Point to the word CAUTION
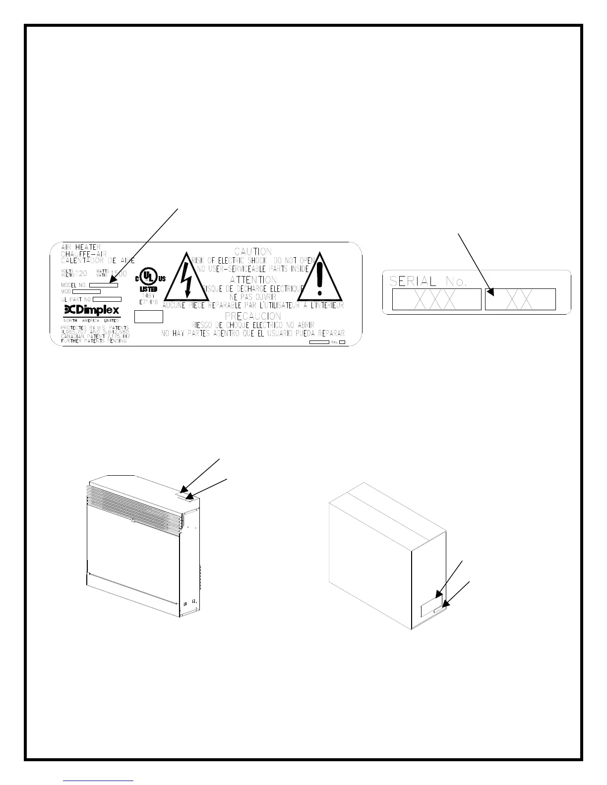[x=253, y=252]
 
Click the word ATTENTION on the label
[x=253, y=280]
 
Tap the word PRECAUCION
[x=253, y=316]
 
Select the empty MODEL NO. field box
[x=103, y=285]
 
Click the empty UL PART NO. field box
[x=107, y=299]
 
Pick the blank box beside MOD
[x=86, y=292]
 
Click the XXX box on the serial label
[x=436, y=299]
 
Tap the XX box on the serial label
[x=520, y=299]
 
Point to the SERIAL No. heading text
[x=428, y=281]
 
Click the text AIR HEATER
[x=81, y=247]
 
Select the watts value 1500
[x=118, y=274]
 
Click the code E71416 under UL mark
[x=148, y=301]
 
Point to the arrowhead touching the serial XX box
[x=491, y=292]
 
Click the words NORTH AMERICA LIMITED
[x=91, y=321]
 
